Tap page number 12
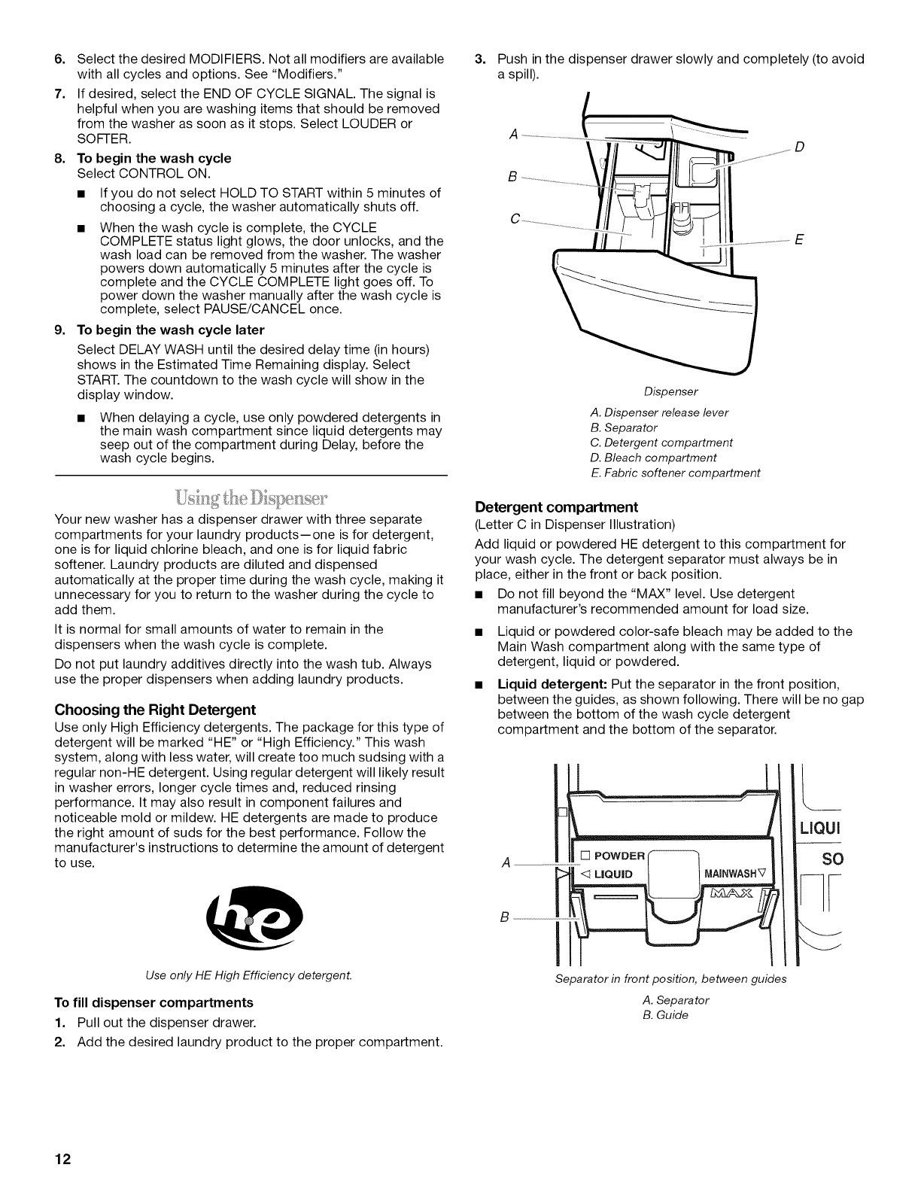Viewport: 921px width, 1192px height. (64, 1160)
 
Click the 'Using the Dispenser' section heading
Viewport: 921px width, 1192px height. (251, 498)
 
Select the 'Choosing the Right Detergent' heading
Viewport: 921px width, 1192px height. (156, 710)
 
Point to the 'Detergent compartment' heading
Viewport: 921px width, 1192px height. (557, 506)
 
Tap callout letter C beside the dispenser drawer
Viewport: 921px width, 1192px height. (515, 219)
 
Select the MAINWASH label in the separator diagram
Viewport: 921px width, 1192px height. (735, 873)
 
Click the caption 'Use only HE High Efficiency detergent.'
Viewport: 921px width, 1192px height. (251, 976)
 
